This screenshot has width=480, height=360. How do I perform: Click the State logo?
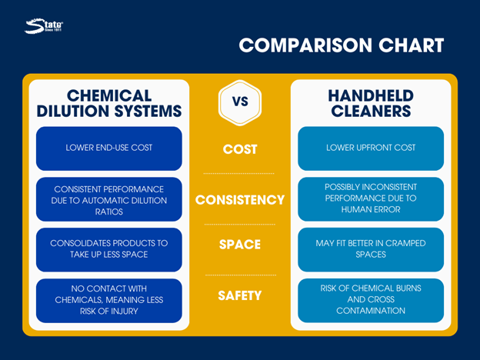(x=44, y=26)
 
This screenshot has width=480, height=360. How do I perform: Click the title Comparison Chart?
(x=342, y=45)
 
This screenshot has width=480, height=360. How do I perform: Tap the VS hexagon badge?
(x=240, y=102)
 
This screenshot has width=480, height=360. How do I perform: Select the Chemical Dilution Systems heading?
(x=109, y=103)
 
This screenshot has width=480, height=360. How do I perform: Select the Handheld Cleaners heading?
(x=371, y=103)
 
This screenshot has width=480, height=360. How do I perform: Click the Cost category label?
(x=240, y=149)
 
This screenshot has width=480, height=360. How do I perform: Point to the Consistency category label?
(x=240, y=200)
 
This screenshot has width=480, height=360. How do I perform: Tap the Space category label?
(x=240, y=245)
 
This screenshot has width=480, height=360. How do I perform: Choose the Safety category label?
(x=240, y=295)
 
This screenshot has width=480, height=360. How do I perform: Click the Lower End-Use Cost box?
(x=109, y=148)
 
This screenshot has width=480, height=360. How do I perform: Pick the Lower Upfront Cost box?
(x=371, y=148)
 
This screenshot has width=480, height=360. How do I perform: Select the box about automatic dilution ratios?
(x=109, y=199)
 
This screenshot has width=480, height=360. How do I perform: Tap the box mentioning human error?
(x=371, y=199)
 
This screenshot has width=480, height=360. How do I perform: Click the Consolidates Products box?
(x=109, y=250)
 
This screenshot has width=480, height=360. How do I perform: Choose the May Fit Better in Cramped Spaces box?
(x=371, y=250)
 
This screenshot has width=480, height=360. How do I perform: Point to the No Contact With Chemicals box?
(x=109, y=301)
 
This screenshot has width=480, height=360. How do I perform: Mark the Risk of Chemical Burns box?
(x=371, y=301)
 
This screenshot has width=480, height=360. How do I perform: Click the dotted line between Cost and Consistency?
(x=239, y=174)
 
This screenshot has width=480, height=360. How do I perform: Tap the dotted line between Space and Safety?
(x=241, y=275)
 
